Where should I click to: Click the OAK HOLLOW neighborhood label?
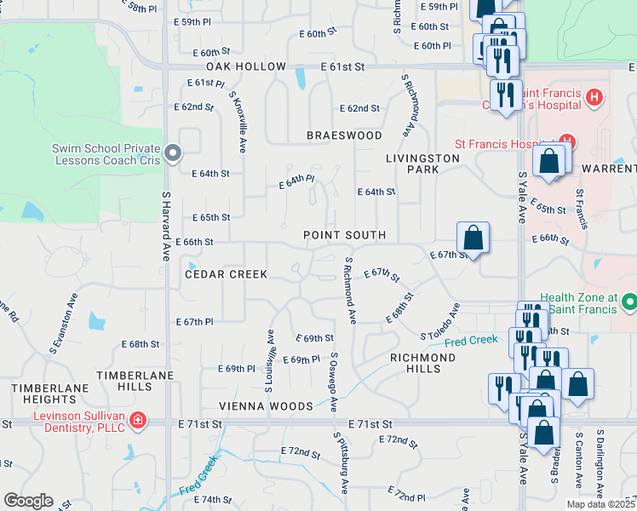click(246, 66)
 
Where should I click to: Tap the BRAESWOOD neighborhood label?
click(345, 135)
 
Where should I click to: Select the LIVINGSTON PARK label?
click(411, 164)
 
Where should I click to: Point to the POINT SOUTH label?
click(345, 234)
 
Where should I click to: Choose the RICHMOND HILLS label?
click(422, 364)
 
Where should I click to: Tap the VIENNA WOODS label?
click(266, 406)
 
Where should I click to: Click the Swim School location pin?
click(174, 154)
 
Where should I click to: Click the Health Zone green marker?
click(629, 302)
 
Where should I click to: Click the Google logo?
click(27, 501)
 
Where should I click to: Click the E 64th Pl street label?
click(297, 181)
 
